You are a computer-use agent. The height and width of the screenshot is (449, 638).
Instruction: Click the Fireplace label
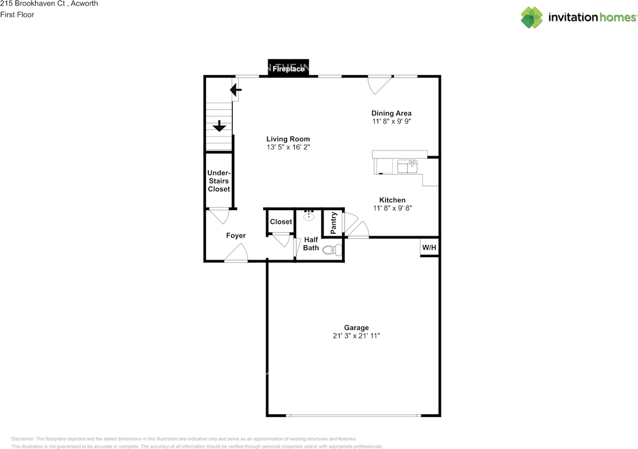288,69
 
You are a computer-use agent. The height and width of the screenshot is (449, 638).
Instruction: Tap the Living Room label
288,139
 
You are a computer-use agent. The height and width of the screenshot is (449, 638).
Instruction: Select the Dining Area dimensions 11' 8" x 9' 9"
391,121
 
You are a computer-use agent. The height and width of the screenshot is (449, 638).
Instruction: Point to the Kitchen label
392,200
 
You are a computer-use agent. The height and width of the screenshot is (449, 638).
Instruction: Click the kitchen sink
407,166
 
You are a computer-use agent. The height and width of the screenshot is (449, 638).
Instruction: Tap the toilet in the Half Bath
332,250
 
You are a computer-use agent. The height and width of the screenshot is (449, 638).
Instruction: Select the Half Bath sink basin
309,216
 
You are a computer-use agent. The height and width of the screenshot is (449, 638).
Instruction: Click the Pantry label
333,223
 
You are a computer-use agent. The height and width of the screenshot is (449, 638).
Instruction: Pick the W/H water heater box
429,247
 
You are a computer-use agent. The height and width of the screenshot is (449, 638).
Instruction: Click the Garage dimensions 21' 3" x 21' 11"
356,336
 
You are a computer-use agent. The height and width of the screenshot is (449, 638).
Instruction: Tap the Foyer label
236,235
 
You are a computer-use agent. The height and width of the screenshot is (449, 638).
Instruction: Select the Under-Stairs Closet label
219,181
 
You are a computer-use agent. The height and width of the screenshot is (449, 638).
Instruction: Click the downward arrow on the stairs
219,126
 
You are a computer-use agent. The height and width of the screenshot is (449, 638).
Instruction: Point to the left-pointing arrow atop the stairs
236,90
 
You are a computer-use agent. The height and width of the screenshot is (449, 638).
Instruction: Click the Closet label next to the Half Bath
281,222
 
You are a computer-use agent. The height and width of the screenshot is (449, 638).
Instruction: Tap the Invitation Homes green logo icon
532,17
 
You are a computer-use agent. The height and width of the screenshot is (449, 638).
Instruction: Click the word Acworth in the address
84,3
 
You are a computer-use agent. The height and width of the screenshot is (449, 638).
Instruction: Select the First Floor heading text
17,14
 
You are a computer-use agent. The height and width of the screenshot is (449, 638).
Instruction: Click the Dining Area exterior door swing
379,85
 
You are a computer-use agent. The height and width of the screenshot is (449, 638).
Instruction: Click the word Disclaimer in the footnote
22,439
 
